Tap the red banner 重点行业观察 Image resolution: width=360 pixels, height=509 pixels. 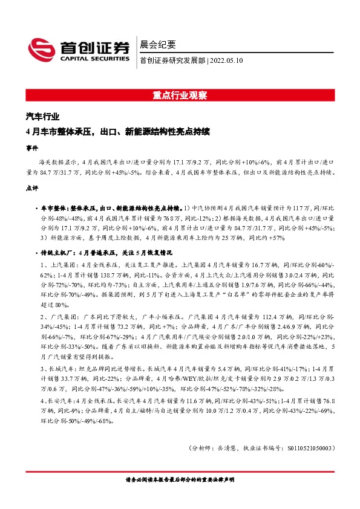point(180,95)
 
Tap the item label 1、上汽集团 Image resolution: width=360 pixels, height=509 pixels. point(59,265)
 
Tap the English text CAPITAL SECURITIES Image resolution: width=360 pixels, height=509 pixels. point(94,59)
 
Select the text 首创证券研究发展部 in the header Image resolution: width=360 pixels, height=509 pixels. point(172,60)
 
